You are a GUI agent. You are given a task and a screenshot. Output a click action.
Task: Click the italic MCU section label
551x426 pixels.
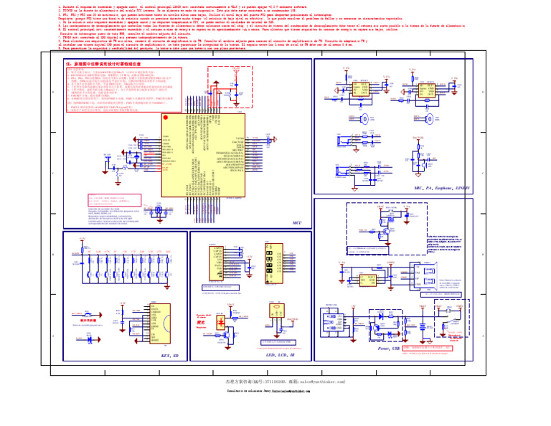click(298, 223)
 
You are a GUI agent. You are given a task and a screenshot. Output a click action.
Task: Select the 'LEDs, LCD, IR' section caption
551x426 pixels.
click(280, 354)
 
